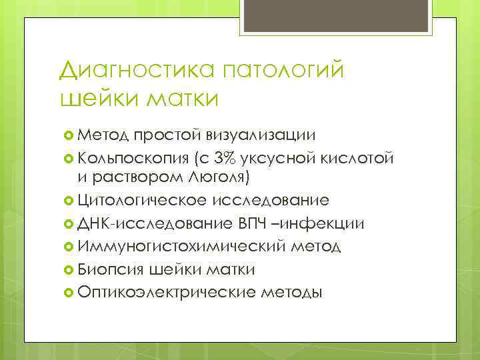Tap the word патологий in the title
289,70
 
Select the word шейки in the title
91,99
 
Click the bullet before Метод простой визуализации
67,135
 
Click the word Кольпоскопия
131,158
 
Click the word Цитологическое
142,200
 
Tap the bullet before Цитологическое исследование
67,200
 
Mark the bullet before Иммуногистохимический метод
67,246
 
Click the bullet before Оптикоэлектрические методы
67,291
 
